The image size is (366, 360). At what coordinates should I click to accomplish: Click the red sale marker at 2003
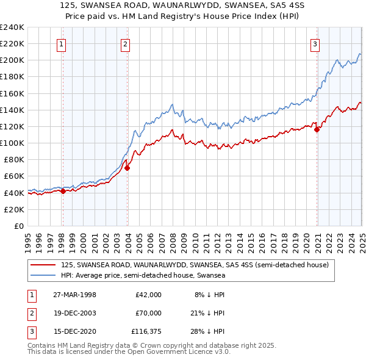[127, 168]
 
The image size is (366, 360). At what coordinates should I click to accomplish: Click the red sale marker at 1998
[63, 191]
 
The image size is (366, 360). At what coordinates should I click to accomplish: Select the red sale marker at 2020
[317, 129]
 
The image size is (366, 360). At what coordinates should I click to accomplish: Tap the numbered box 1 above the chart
[63, 43]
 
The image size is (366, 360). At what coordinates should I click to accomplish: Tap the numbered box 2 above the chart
[124, 43]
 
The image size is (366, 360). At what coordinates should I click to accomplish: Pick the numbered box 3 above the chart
[315, 43]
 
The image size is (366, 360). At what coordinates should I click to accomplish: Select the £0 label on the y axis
[18, 226]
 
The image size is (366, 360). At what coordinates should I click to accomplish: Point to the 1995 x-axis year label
[28, 239]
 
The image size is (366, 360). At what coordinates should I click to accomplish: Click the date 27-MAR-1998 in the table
[74, 294]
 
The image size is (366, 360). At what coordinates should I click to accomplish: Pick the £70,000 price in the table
[148, 313]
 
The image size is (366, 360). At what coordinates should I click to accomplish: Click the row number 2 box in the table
[31, 314]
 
